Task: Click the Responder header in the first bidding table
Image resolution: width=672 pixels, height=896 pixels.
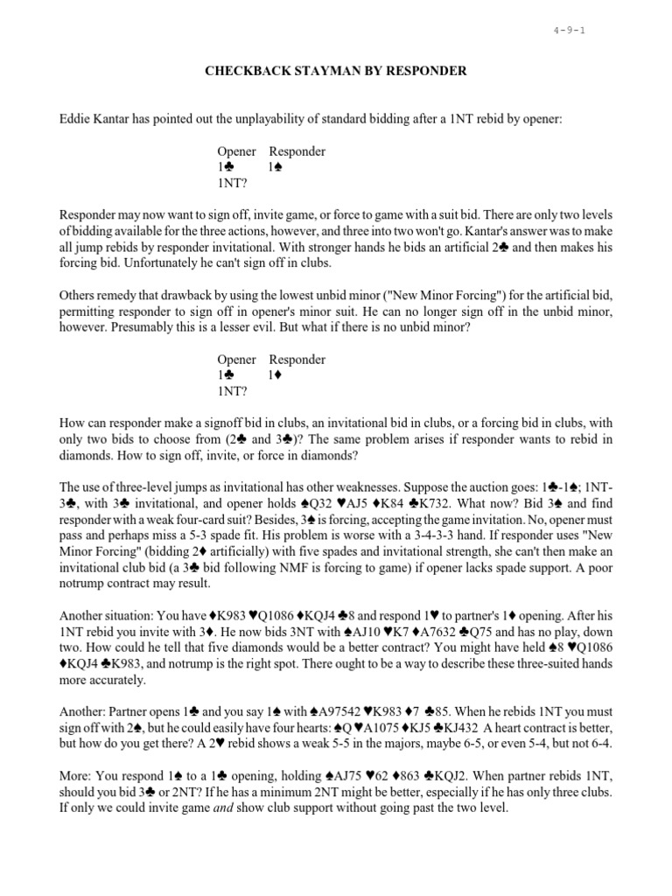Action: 297,151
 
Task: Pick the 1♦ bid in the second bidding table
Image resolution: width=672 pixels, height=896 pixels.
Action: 277,375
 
